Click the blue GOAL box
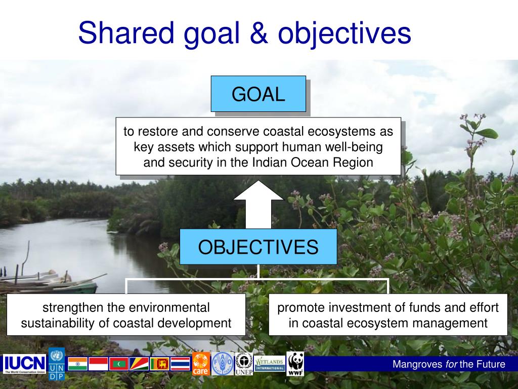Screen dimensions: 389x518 point(258,94)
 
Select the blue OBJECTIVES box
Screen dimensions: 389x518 point(258,247)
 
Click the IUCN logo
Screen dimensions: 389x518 point(25,364)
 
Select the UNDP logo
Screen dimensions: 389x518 point(57,364)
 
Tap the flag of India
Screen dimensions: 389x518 point(77,364)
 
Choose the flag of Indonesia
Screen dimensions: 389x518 point(98,364)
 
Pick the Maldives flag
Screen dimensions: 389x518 point(119,364)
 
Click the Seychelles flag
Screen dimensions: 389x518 point(139,364)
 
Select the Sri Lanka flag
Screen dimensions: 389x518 point(160,364)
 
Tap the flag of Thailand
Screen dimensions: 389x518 point(180,364)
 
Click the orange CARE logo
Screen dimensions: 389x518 point(200,364)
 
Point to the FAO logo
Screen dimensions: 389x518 point(222,364)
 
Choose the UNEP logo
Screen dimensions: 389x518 point(244,364)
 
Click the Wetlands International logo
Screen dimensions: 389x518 point(269,363)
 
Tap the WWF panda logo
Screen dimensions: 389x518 point(295,364)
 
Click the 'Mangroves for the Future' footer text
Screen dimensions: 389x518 point(449,364)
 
